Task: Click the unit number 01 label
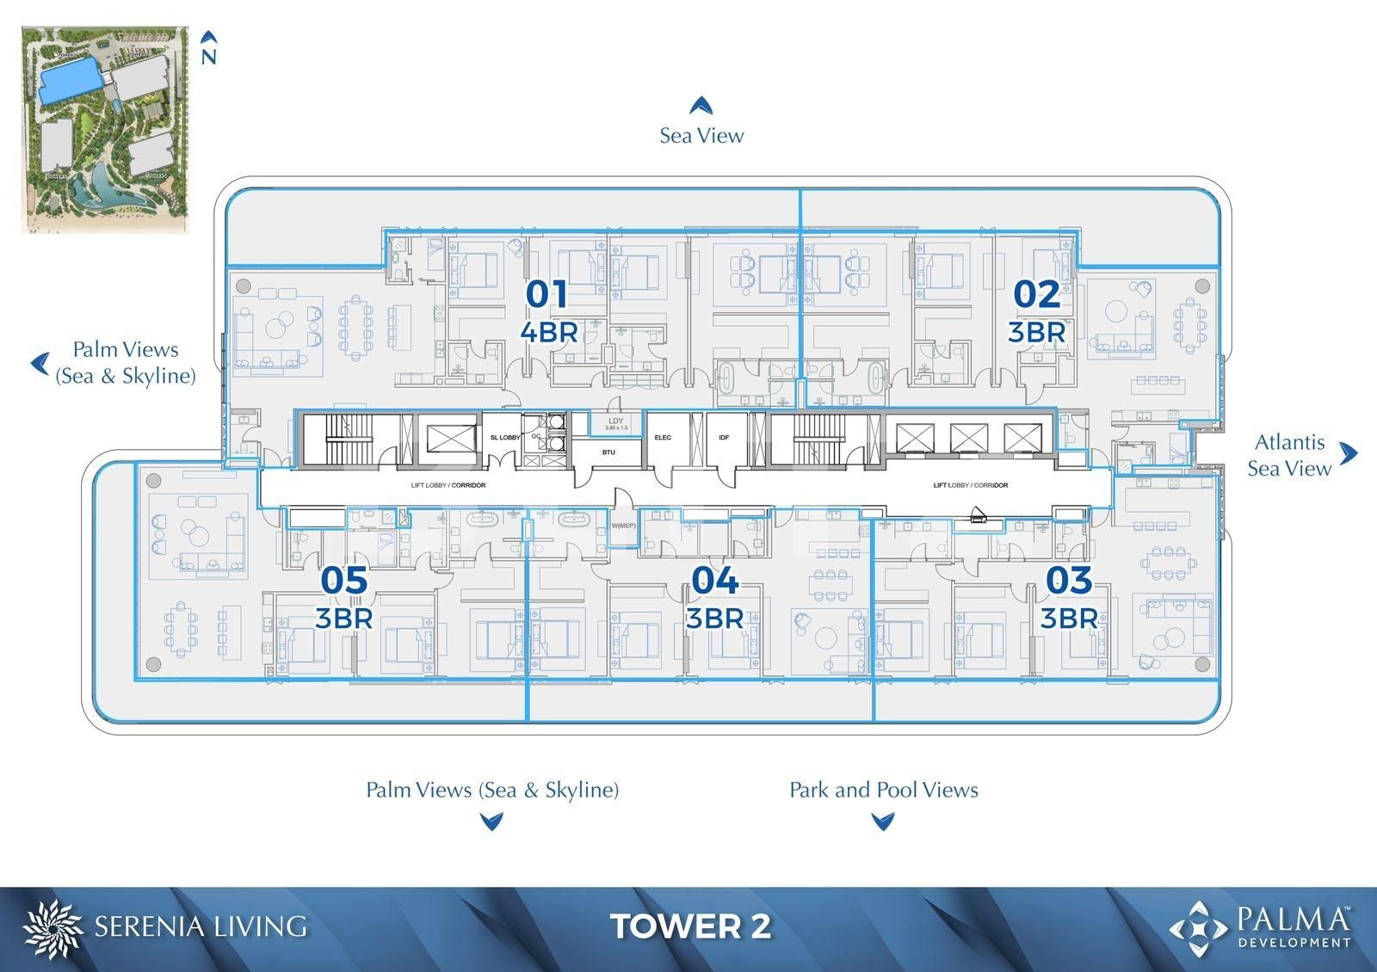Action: [x=546, y=294]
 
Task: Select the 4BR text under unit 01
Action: [x=548, y=331]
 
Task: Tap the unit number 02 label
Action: [x=1036, y=294]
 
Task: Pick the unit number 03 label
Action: [x=1068, y=581]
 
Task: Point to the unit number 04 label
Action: [x=714, y=581]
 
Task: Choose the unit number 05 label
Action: [x=343, y=581]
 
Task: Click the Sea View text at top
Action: [x=701, y=135]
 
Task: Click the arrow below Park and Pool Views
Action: [x=882, y=821]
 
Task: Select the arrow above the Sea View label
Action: [x=701, y=105]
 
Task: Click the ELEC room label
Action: [x=663, y=438]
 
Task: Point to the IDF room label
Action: [x=724, y=438]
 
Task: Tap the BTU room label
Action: [x=608, y=452]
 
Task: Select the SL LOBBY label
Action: [x=504, y=438]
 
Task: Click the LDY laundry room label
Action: [x=615, y=421]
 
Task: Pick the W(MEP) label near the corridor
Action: [x=622, y=526]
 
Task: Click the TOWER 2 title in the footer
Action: [x=690, y=926]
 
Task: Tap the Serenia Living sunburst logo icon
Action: [x=53, y=928]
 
